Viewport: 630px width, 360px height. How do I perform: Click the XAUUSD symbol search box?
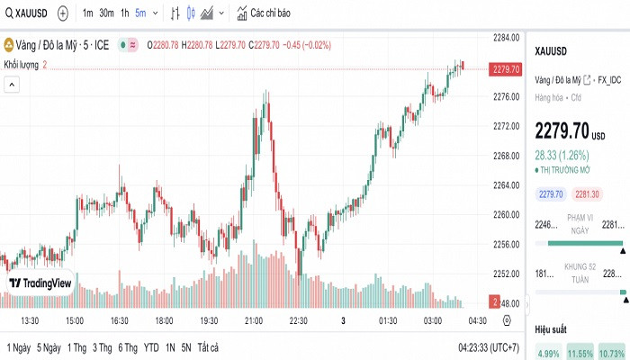click(27, 13)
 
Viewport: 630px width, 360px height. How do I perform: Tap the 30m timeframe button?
click(106, 13)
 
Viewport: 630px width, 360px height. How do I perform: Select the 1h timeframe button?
click(125, 13)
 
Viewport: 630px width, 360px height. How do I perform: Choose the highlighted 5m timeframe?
click(141, 13)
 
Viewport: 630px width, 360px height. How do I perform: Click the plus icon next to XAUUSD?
click(62, 13)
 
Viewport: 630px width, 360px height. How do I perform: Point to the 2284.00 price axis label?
click(508, 37)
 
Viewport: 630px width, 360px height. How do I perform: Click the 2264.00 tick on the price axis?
click(508, 184)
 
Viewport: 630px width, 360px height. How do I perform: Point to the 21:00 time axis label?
click(253, 320)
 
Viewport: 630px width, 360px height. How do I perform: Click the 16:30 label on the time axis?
click(119, 320)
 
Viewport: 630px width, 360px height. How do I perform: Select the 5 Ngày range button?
click(49, 347)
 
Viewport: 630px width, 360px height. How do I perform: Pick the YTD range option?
click(150, 347)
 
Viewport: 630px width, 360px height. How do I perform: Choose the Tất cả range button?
click(208, 347)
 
